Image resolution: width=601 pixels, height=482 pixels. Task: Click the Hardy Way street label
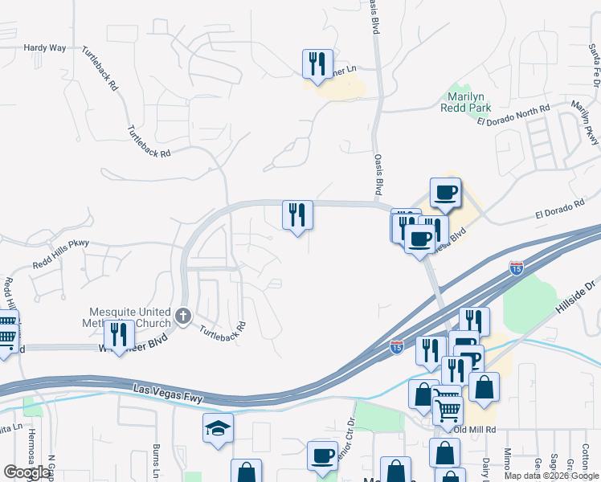pyautogui.click(x=45, y=48)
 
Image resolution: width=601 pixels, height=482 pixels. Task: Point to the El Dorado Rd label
pyautogui.click(x=559, y=210)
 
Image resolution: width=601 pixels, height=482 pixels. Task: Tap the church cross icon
pyautogui.click(x=183, y=316)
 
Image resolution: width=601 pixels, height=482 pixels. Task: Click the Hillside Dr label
pyautogui.click(x=578, y=296)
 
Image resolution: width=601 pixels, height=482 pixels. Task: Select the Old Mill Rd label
pyautogui.click(x=476, y=430)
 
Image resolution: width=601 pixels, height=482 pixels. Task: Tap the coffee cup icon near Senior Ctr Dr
pyautogui.click(x=322, y=455)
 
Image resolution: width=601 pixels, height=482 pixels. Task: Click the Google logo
pyautogui.click(x=27, y=472)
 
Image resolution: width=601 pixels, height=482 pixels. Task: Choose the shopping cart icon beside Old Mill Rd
pyautogui.click(x=448, y=410)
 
